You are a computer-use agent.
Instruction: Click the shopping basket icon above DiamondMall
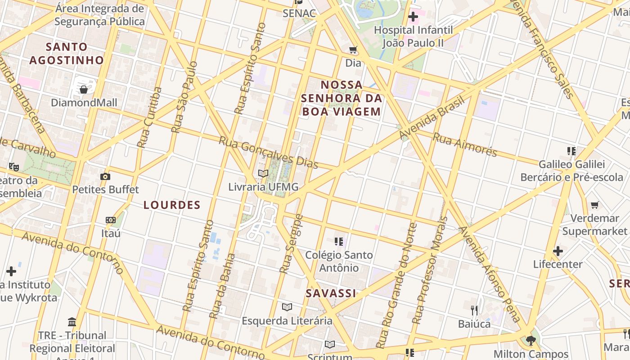coord(84,90)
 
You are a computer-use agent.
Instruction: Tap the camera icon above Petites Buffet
coord(105,176)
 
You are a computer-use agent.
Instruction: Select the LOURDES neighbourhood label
coord(172,205)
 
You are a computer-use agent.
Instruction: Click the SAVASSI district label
coord(331,293)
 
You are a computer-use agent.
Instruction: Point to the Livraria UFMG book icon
coord(263,173)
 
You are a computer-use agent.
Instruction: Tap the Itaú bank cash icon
coord(111,220)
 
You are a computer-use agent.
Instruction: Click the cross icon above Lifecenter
coord(558,251)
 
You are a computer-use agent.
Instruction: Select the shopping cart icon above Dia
coord(353,49)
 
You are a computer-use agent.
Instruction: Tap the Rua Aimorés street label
coord(464,144)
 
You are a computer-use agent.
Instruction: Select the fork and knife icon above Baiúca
coord(474,310)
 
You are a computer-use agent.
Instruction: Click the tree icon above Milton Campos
coord(531,340)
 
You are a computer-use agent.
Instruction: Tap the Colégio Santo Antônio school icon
coord(339,242)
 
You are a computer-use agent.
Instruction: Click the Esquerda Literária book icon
coord(287,307)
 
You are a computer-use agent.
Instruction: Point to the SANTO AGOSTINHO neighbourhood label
coord(67,53)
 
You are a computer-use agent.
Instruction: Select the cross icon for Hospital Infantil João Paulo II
coord(413,17)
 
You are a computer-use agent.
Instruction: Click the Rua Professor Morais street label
coord(431,270)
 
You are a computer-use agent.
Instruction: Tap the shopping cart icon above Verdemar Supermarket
coord(594,205)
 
